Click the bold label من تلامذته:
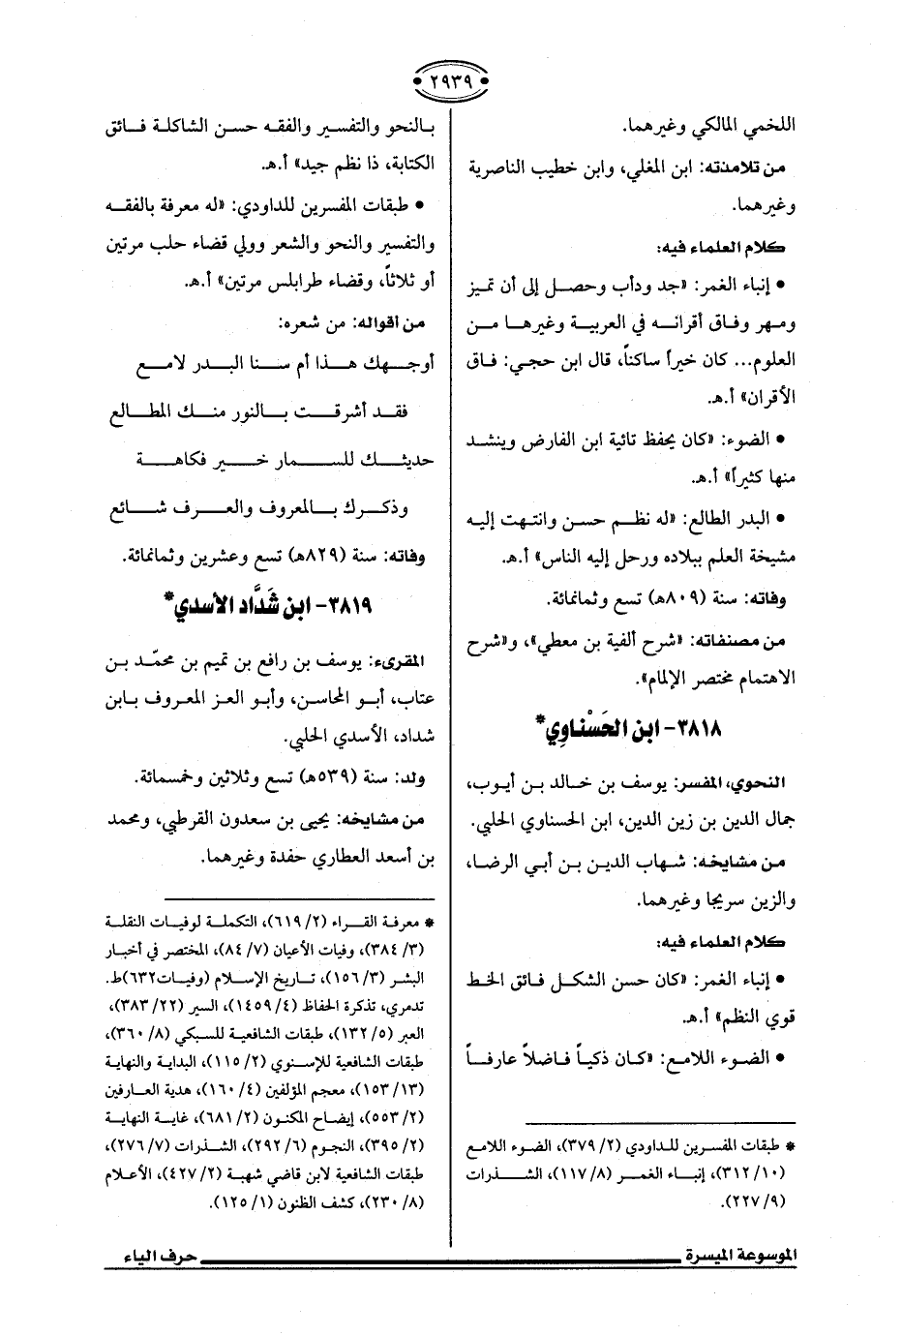pos(757,168)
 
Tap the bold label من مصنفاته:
pos(751,640)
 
